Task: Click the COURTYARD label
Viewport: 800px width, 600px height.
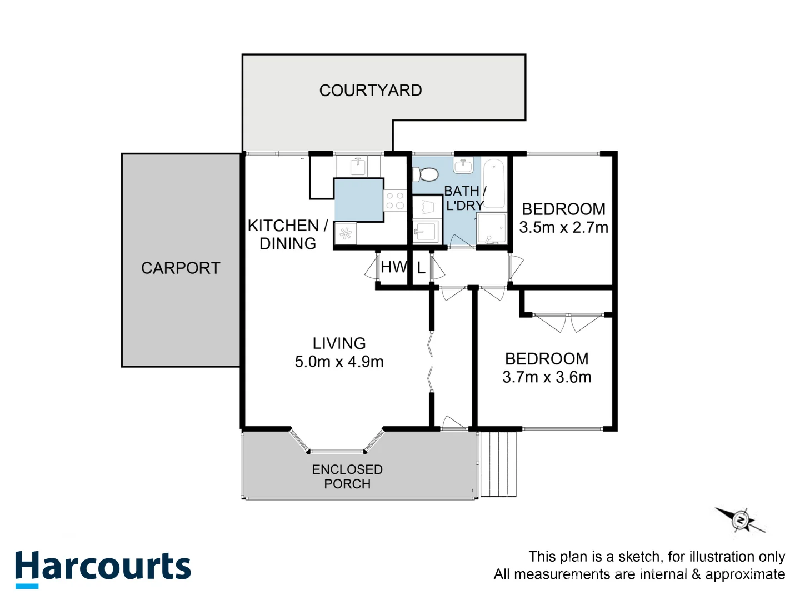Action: [x=371, y=91]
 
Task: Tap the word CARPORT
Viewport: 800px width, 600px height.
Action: [x=181, y=268]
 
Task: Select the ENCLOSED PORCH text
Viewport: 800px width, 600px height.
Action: [x=347, y=477]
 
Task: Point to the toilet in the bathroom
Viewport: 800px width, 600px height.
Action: [x=427, y=174]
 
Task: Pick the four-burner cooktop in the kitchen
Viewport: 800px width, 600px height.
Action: [x=395, y=201]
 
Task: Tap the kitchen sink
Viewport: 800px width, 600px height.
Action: [x=358, y=166]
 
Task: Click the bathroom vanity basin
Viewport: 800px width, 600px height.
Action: [x=463, y=166]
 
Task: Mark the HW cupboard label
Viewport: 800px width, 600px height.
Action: [x=394, y=267]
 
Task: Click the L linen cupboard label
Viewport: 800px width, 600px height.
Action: [x=421, y=269]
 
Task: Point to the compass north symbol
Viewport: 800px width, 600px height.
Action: [x=741, y=520]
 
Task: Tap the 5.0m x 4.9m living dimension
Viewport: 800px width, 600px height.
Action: [x=339, y=362]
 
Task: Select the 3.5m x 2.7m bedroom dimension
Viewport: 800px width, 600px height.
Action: [x=563, y=228]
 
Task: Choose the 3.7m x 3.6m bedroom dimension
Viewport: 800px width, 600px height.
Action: [x=547, y=378]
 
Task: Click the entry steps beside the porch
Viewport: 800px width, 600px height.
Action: [x=498, y=464]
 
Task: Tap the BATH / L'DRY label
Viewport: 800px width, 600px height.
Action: [x=465, y=198]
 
